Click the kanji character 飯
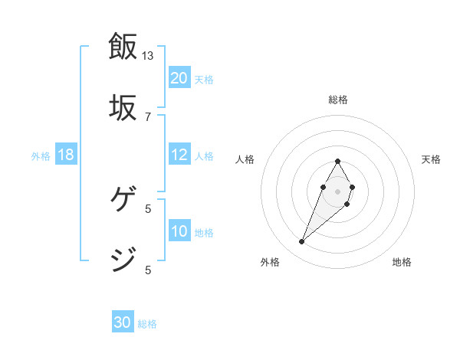(x=123, y=46)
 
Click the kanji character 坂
(x=123, y=106)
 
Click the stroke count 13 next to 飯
(x=148, y=56)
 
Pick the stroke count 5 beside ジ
(x=148, y=269)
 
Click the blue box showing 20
(x=179, y=78)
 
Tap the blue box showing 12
(x=179, y=155)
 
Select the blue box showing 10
(x=179, y=231)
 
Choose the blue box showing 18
(x=66, y=155)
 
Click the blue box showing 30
(x=123, y=323)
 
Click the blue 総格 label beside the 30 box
(x=147, y=324)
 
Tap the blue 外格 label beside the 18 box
(x=41, y=156)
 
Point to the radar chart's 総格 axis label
(x=337, y=100)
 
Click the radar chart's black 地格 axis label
(x=402, y=262)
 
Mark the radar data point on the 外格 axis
(x=302, y=242)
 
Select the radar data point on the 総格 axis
(x=337, y=162)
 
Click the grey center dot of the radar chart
(x=337, y=190)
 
